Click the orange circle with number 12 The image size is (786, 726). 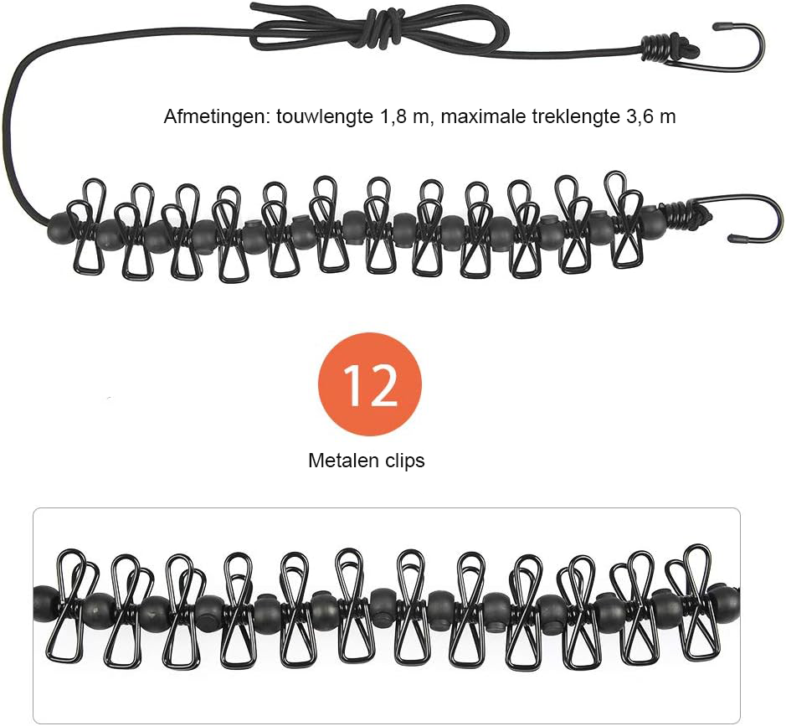click(x=370, y=384)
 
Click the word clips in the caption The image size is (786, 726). click(x=405, y=461)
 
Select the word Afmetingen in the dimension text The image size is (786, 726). click(x=217, y=117)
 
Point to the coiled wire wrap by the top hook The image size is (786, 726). click(x=655, y=49)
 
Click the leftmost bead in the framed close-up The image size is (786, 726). click(x=45, y=603)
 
